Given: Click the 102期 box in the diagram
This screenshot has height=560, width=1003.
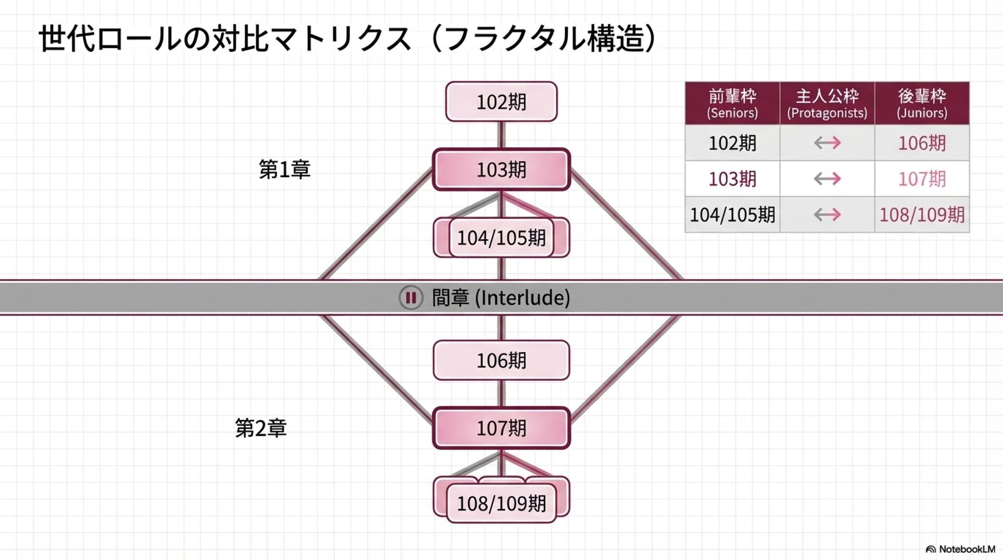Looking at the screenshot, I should [501, 102].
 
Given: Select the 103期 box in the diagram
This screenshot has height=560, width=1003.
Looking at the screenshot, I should [501, 170].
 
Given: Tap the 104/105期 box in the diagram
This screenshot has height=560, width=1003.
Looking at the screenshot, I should [501, 238].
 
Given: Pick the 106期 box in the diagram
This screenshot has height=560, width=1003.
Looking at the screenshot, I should [501, 360].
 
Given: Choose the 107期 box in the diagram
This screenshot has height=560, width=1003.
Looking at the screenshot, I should [501, 428].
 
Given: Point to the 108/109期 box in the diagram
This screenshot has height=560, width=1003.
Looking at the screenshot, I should [501, 504].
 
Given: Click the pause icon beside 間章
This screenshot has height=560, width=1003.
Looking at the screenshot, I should [411, 298].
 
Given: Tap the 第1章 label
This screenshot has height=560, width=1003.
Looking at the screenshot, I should [285, 170].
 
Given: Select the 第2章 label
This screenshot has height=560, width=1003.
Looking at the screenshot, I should [261, 428].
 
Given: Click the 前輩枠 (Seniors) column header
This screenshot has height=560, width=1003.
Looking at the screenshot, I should [732, 103].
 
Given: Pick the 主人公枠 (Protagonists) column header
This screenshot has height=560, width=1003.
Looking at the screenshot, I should [827, 103].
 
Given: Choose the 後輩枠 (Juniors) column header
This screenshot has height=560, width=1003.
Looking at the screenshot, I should [922, 103].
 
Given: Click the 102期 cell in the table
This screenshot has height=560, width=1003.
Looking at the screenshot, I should [732, 143].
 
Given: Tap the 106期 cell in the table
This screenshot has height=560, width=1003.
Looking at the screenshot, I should [922, 143].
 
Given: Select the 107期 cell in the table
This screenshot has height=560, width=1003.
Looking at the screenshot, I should [922, 179].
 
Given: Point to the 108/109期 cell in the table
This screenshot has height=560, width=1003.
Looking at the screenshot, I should [922, 215].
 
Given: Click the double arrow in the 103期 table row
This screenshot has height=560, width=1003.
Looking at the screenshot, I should [827, 179].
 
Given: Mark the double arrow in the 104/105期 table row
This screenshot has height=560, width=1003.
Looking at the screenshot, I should [827, 215].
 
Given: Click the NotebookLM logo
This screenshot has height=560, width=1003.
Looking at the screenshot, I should [960, 549].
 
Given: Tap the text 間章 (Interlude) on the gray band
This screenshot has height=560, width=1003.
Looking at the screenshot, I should [500, 298].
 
